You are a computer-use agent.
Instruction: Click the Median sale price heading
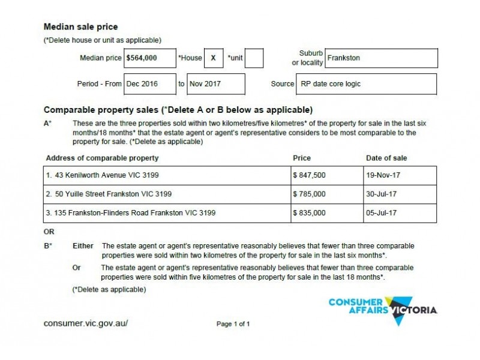tap(81, 27)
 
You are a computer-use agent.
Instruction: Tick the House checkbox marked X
tap(212, 58)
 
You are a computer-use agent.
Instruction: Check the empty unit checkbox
tap(254, 58)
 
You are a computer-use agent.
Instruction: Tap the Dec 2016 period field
tap(149, 84)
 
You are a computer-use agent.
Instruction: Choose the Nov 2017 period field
tap(216, 84)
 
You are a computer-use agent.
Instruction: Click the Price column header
tap(302, 158)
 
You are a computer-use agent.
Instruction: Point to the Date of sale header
tap(386, 158)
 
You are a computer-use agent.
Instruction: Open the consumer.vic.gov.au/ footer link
tap(86, 323)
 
